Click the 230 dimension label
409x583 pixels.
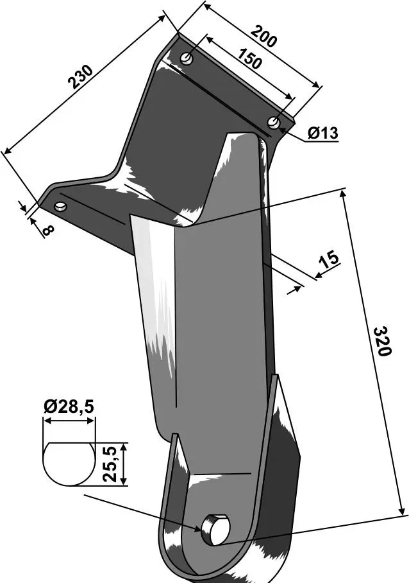(79, 76)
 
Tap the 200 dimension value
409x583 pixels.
(263, 36)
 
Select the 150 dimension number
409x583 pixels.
(249, 58)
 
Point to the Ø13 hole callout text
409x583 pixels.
(323, 133)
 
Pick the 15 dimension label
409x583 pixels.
(329, 259)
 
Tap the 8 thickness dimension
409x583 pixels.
(48, 230)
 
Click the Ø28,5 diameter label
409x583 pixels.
(69, 407)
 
